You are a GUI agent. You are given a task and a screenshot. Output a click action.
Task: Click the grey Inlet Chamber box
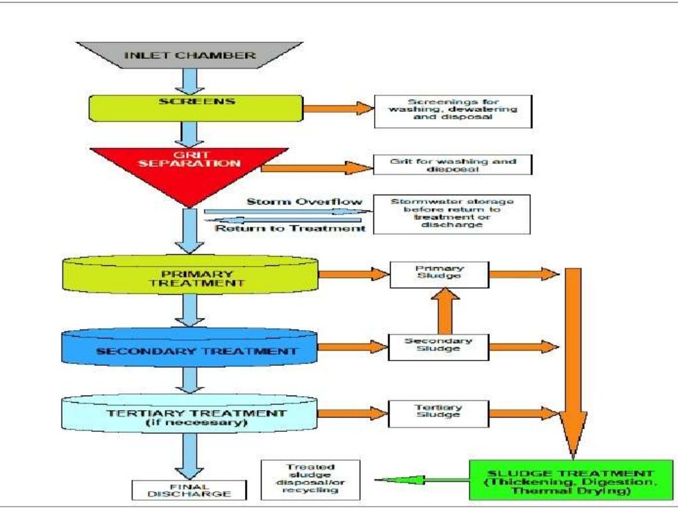pos(190,55)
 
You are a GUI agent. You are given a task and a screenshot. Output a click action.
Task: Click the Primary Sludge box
pos(439,273)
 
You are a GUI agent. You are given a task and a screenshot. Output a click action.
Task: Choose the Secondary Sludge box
pos(439,345)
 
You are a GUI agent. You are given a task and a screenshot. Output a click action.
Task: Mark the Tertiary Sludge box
pos(439,413)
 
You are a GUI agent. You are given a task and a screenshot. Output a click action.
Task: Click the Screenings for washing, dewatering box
pos(453,111)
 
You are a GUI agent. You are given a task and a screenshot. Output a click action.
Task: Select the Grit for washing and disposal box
pos(453,165)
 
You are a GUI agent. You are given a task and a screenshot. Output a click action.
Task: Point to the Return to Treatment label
pos(290,228)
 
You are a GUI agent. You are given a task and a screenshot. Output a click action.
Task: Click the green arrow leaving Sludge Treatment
pos(420,480)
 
